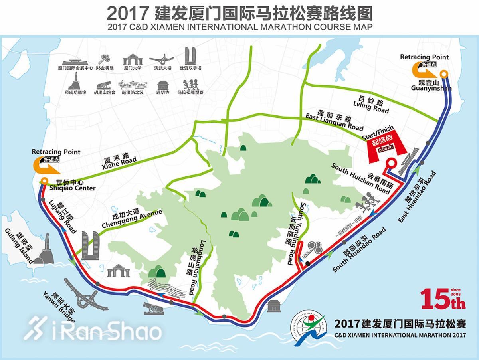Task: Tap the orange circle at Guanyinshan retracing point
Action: point(444,74)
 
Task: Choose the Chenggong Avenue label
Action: point(132,220)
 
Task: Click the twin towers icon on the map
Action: point(91,245)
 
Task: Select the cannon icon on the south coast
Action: point(152,308)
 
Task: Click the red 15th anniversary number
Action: point(442,299)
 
